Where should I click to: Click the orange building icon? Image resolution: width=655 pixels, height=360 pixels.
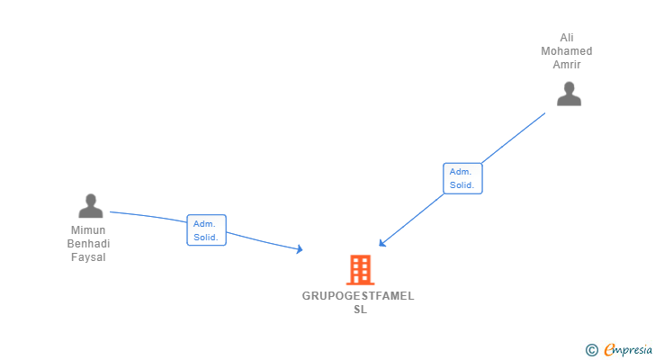click(x=360, y=269)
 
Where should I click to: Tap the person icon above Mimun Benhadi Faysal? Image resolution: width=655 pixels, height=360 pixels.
click(x=90, y=206)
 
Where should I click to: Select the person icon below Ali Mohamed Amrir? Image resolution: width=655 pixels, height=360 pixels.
click(x=569, y=94)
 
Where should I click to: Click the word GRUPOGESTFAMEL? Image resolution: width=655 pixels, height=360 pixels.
click(x=358, y=296)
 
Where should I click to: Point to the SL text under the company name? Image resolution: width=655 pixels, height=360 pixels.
click(x=360, y=310)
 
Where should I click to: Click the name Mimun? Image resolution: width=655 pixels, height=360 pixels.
click(x=88, y=230)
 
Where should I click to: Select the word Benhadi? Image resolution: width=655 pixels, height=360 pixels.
click(x=88, y=244)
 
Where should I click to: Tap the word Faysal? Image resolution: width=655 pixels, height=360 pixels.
click(x=88, y=257)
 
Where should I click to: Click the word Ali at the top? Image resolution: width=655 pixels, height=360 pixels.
click(x=567, y=38)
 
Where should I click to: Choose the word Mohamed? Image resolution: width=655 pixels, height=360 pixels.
click(x=567, y=51)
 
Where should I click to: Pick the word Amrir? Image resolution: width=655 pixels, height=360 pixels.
click(x=567, y=65)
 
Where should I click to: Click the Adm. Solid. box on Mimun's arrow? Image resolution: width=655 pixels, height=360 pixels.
click(x=206, y=230)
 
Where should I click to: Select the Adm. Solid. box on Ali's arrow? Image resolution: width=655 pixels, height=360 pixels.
click(x=463, y=178)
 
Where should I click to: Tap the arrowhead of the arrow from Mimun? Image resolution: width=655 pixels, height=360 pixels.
click(x=299, y=249)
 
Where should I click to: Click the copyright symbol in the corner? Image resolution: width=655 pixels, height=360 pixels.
click(x=591, y=350)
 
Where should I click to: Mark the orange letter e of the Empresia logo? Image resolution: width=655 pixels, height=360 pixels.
click(x=609, y=350)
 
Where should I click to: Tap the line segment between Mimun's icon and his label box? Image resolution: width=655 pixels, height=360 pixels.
click(x=148, y=216)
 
